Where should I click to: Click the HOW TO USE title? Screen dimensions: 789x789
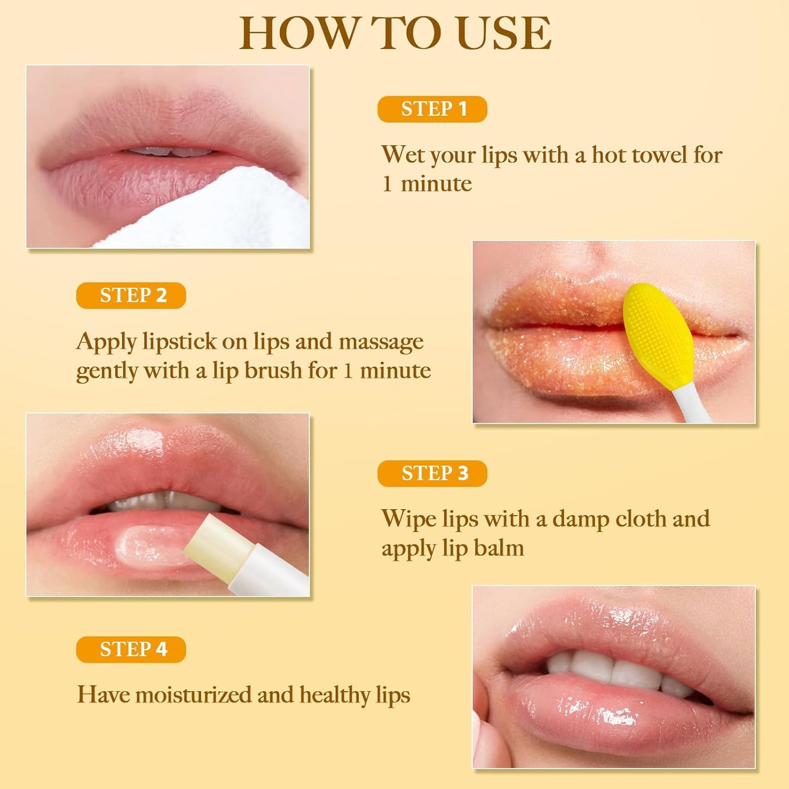[x=395, y=34]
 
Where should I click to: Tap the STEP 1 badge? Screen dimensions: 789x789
[x=432, y=109]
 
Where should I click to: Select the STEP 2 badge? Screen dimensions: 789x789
[x=131, y=295]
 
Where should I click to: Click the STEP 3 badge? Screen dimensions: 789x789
[x=432, y=473]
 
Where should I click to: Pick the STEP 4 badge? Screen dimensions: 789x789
[x=131, y=649]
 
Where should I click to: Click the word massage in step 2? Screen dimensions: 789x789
[x=381, y=342]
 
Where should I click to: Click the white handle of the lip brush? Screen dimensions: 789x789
[x=691, y=404]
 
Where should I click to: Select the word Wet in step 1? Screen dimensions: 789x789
[x=402, y=155]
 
